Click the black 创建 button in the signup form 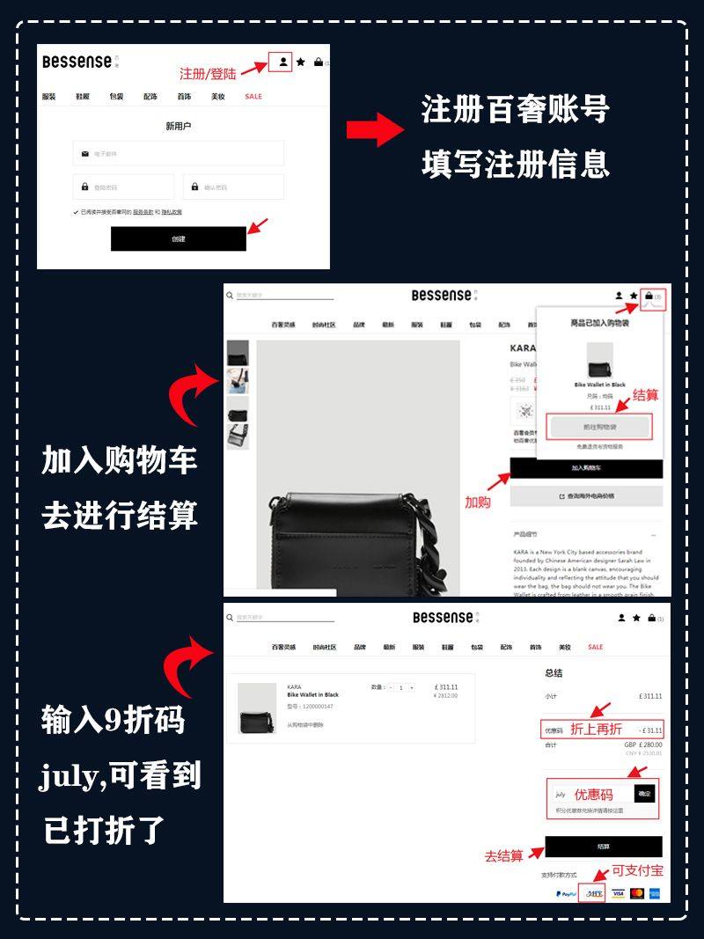(178, 238)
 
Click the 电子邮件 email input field (179, 153)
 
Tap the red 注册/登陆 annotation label (208, 73)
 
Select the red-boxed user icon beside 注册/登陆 (282, 62)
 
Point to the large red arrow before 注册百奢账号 (374, 129)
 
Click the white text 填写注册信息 (515, 164)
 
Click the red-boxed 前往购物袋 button (598, 427)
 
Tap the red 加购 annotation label (478, 502)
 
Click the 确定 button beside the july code (645, 794)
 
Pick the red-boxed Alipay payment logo (591, 893)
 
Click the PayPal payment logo (565, 893)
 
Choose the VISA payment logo (618, 893)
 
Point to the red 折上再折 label (596, 729)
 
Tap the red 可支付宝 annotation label (637, 870)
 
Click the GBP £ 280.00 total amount (642, 745)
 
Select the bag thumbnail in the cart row (255, 708)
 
